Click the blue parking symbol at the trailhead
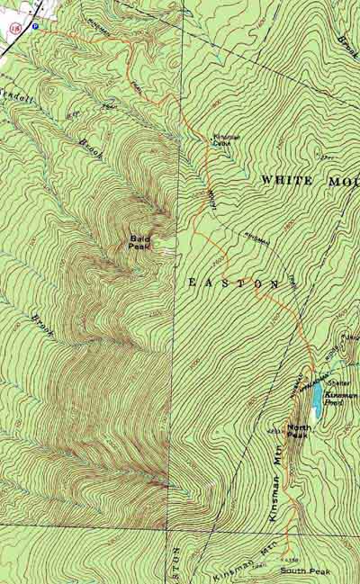pyautogui.click(x=35, y=27)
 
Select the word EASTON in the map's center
pyautogui.click(x=233, y=283)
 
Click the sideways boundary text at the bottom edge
pyautogui.click(x=175, y=562)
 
